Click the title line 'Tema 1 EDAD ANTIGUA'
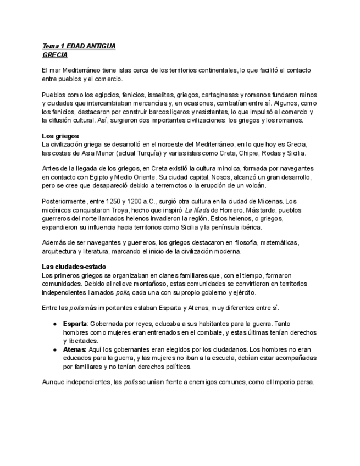[79, 47]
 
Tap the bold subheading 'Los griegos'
[60, 135]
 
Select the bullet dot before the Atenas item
[56, 349]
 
